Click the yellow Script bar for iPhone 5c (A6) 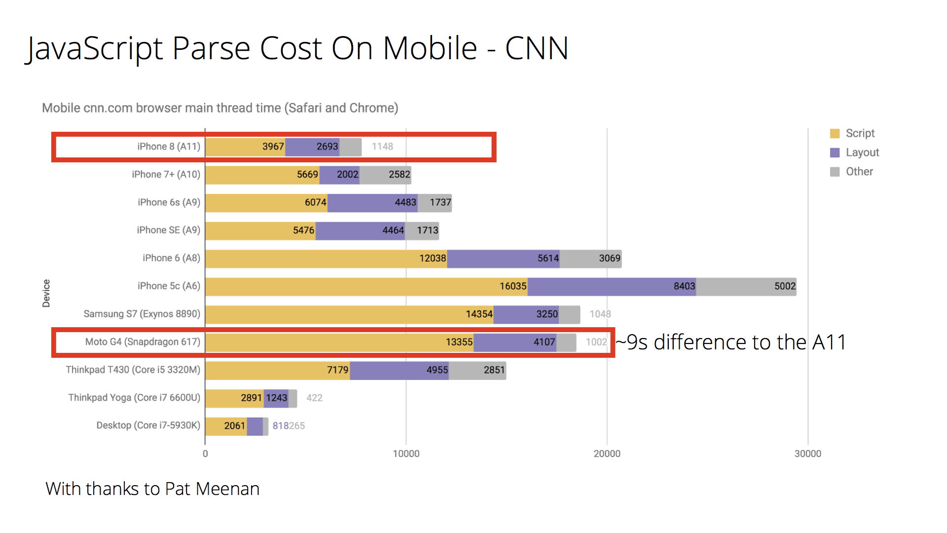pyautogui.click(x=366, y=287)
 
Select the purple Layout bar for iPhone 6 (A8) pyautogui.click(x=503, y=259)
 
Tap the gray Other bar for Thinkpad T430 pyautogui.click(x=477, y=370)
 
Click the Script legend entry pyautogui.click(x=860, y=133)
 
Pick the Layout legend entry pyautogui.click(x=862, y=152)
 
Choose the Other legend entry pyautogui.click(x=859, y=172)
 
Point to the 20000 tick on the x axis pyautogui.click(x=607, y=454)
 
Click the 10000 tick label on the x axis pyautogui.click(x=406, y=454)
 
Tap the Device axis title pyautogui.click(x=46, y=293)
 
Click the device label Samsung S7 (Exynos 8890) pyautogui.click(x=142, y=314)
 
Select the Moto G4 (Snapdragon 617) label pyautogui.click(x=143, y=342)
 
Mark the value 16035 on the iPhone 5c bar pyautogui.click(x=513, y=286)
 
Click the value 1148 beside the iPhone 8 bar pyautogui.click(x=382, y=147)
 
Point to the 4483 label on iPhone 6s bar pyautogui.click(x=405, y=202)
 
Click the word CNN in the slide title pyautogui.click(x=537, y=48)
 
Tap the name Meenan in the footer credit pyautogui.click(x=227, y=489)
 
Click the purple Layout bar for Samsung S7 pyautogui.click(x=526, y=314)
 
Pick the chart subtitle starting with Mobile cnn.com pyautogui.click(x=220, y=108)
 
